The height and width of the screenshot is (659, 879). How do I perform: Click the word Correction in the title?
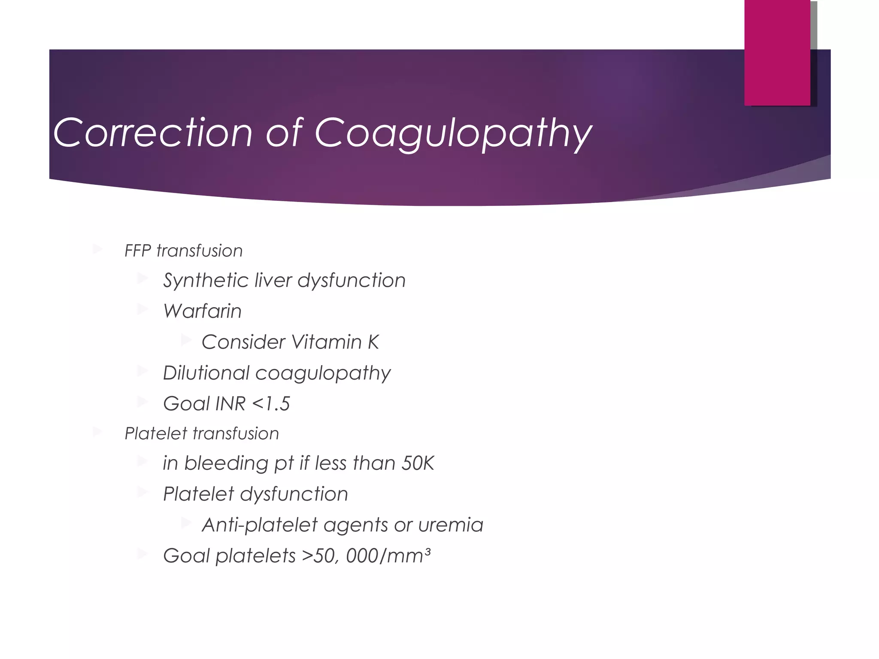coord(152,133)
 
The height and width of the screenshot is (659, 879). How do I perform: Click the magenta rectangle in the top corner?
coord(777,52)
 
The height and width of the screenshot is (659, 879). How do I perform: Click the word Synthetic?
coord(205,281)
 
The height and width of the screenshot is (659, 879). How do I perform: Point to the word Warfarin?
coord(202,311)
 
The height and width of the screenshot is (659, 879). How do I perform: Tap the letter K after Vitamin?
coord(373,342)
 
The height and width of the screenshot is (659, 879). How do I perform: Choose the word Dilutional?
coord(206,373)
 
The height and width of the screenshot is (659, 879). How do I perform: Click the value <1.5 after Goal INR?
coord(271,404)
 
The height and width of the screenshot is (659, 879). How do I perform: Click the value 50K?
coord(418,463)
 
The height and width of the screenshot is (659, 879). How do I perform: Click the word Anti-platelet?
coord(259,525)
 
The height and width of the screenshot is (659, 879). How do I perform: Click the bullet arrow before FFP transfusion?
coord(97,249)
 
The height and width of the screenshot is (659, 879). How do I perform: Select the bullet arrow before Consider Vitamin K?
coord(186,341)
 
